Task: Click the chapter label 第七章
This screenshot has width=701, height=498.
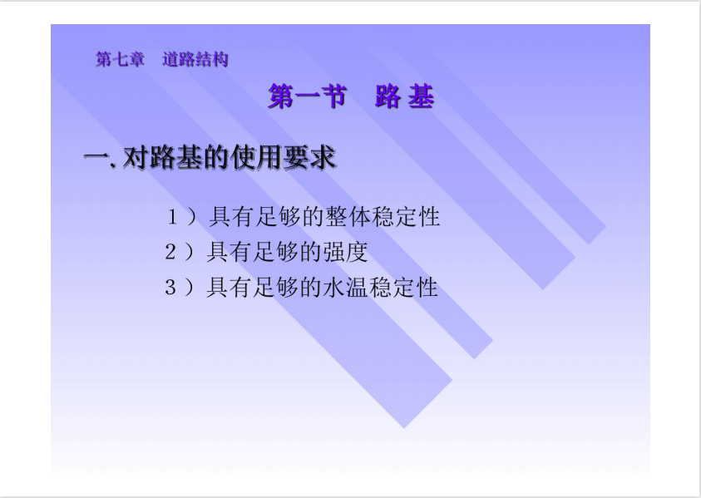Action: point(121,60)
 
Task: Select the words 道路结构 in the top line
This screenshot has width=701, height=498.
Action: point(195,60)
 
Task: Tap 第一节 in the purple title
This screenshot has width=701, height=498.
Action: point(308,96)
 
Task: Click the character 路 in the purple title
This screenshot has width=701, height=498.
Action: point(388,96)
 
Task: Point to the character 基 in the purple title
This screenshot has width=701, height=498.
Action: point(421,96)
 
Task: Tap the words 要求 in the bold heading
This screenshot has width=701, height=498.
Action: point(309,158)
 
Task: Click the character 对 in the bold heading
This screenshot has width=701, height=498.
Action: point(136,158)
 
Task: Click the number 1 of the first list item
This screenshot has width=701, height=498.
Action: point(173,217)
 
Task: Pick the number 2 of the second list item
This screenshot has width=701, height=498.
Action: point(170,252)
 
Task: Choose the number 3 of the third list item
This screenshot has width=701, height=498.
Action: point(170,287)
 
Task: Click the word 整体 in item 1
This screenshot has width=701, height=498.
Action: point(348,217)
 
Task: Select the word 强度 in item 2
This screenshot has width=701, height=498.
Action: point(346,252)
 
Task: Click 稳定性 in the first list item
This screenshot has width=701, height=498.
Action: point(406,217)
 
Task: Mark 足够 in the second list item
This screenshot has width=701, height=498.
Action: point(275,252)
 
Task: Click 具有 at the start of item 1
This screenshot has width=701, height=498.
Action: point(231,217)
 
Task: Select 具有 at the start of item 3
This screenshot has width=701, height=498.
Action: point(230,287)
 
